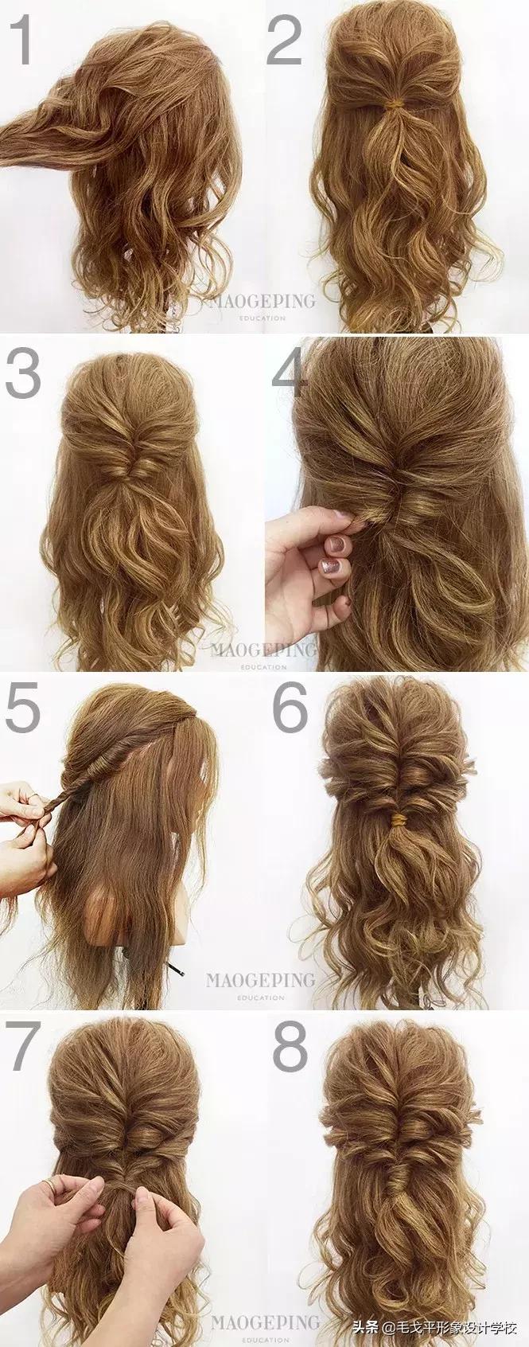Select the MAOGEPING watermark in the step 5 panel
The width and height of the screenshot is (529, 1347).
(260, 980)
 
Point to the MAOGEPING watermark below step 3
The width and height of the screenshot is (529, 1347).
(263, 650)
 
